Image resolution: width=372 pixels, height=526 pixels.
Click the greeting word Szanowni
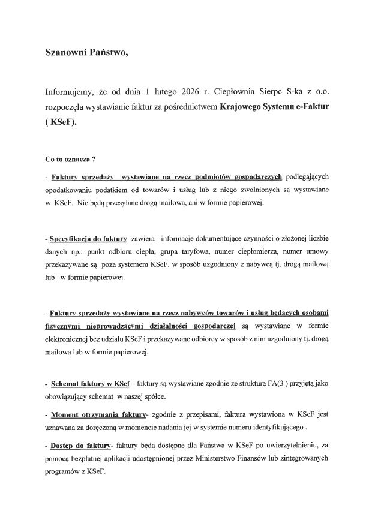(x=67, y=52)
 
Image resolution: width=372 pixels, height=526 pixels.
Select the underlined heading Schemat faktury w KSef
(x=91, y=383)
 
